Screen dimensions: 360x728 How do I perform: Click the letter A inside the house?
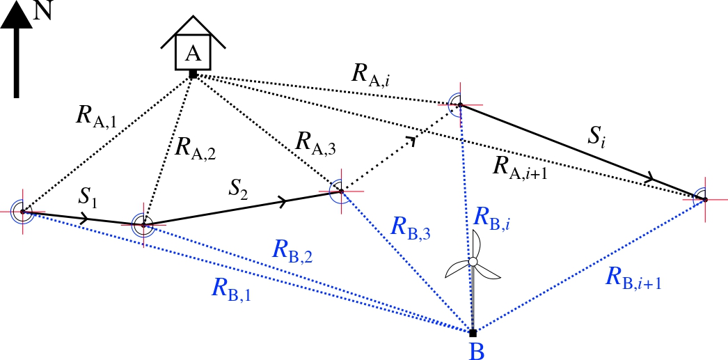(x=193, y=52)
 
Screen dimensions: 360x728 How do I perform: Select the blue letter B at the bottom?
(x=476, y=350)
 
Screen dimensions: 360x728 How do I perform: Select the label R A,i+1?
(x=519, y=167)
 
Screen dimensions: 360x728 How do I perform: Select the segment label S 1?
(x=88, y=198)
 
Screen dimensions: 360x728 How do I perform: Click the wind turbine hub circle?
(x=473, y=262)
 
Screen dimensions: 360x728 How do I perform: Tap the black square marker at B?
(x=473, y=332)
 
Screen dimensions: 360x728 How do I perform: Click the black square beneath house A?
(x=193, y=73)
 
